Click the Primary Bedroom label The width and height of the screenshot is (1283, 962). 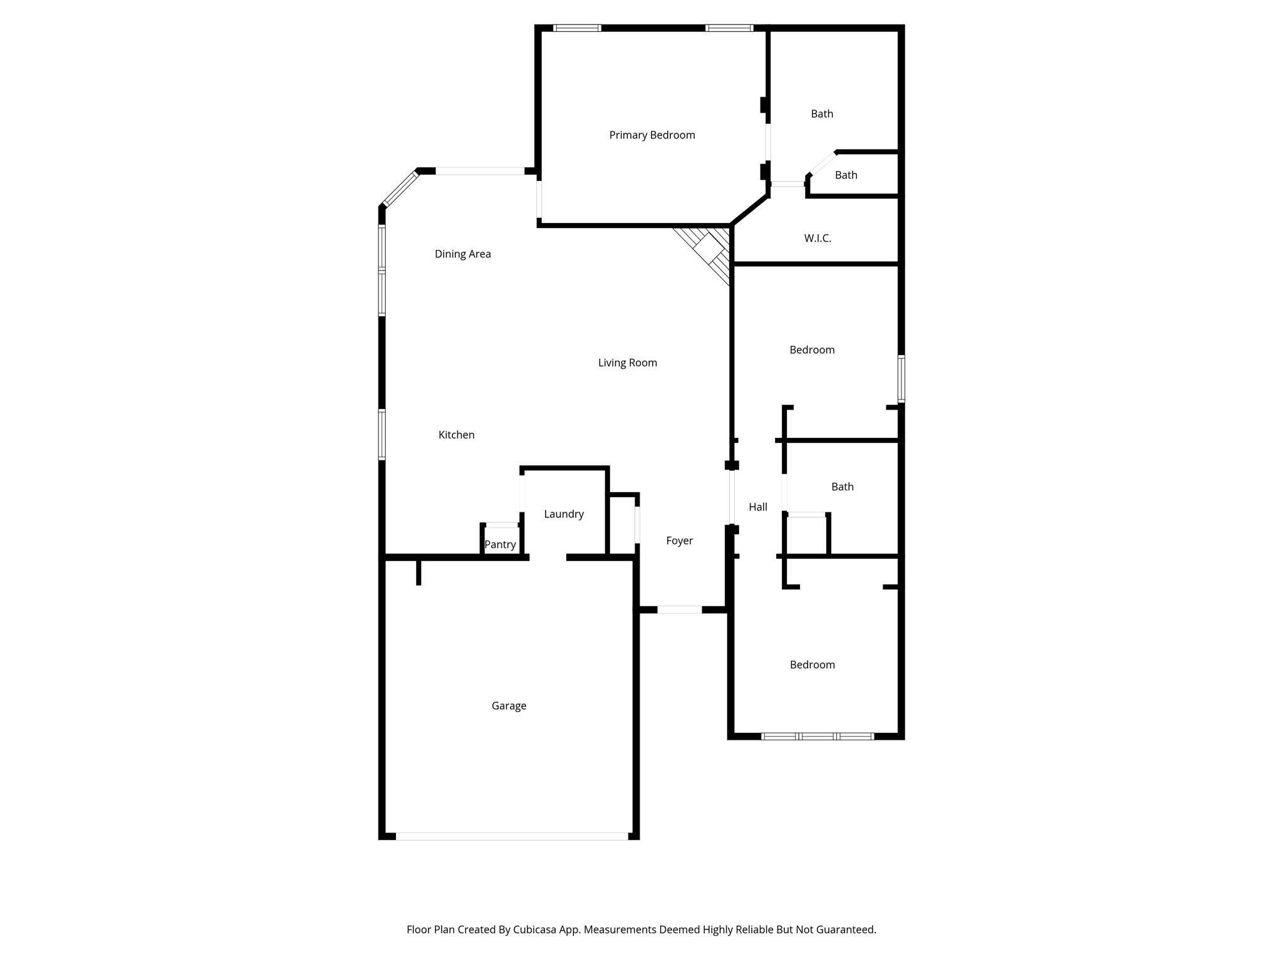(652, 135)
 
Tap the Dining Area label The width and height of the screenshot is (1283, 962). (463, 254)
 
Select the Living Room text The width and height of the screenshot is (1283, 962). (628, 363)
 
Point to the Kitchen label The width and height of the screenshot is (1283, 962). (457, 435)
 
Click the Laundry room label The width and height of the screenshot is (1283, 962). (564, 514)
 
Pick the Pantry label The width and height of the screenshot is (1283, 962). (501, 545)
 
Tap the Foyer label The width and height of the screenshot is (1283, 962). (680, 541)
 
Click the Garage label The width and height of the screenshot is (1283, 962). (509, 706)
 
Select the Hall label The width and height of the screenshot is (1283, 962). (758, 507)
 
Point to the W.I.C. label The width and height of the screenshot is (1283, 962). (818, 239)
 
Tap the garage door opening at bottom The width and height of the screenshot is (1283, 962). (512, 836)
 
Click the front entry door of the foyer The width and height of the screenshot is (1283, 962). (680, 609)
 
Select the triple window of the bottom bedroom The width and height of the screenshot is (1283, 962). (818, 737)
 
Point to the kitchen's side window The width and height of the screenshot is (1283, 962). (382, 435)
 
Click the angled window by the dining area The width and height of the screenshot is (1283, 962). (400, 189)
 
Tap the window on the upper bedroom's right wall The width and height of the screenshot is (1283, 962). (901, 378)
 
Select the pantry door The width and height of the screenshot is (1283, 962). (502, 525)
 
